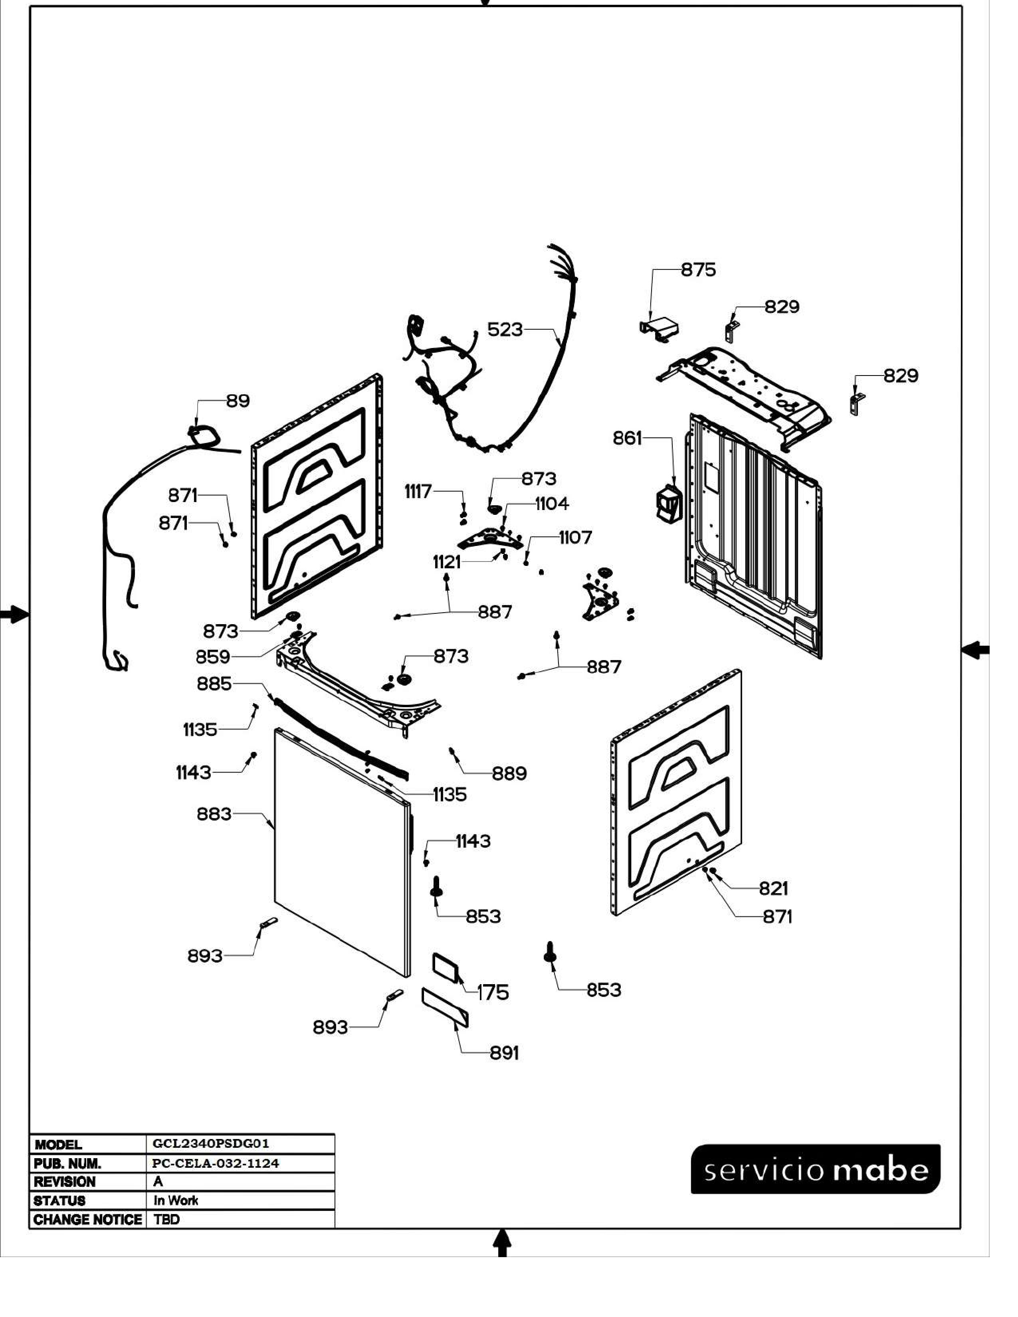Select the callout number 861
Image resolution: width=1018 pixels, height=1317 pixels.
pyautogui.click(x=627, y=438)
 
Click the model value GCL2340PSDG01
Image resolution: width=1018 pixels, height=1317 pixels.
pyautogui.click(x=211, y=1143)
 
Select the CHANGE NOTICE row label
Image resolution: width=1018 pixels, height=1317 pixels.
pyautogui.click(x=88, y=1219)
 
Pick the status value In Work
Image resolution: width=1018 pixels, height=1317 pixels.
pyautogui.click(x=176, y=1200)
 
